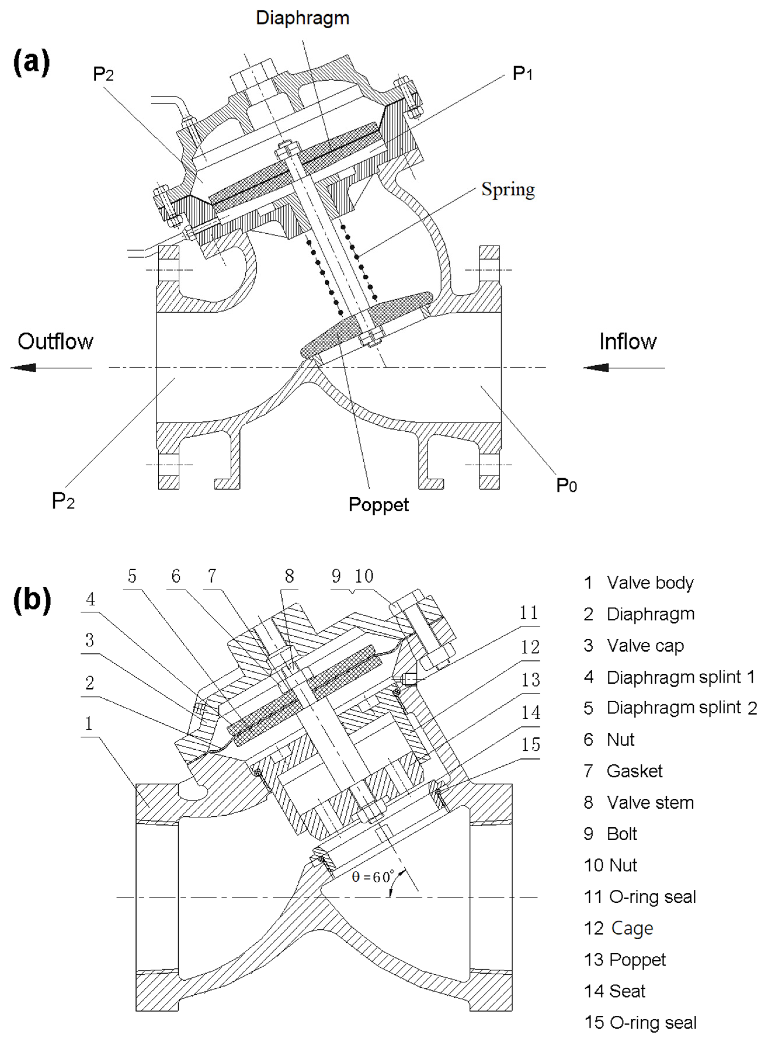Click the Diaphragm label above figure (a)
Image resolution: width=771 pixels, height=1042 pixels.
click(x=302, y=18)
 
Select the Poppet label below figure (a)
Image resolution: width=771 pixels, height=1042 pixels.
click(x=379, y=505)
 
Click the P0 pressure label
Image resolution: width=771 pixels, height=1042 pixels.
click(x=566, y=486)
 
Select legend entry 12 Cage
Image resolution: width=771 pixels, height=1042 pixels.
click(x=618, y=928)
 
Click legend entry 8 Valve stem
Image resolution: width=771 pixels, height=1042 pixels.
click(x=638, y=803)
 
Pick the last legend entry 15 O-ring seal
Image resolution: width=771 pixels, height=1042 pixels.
click(x=640, y=1022)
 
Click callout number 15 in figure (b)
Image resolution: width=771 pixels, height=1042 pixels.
click(x=530, y=745)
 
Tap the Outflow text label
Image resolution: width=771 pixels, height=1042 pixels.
click(x=55, y=342)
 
